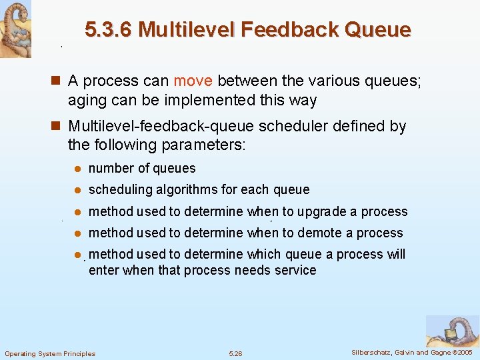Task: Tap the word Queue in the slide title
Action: coord(379,30)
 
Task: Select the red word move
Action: coord(193,81)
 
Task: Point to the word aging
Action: coord(85,100)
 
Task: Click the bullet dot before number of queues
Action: coord(77,169)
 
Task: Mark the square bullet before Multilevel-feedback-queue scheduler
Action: coord(57,127)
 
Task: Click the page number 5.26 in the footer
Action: coord(235,353)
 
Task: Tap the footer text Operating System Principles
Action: coord(50,353)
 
